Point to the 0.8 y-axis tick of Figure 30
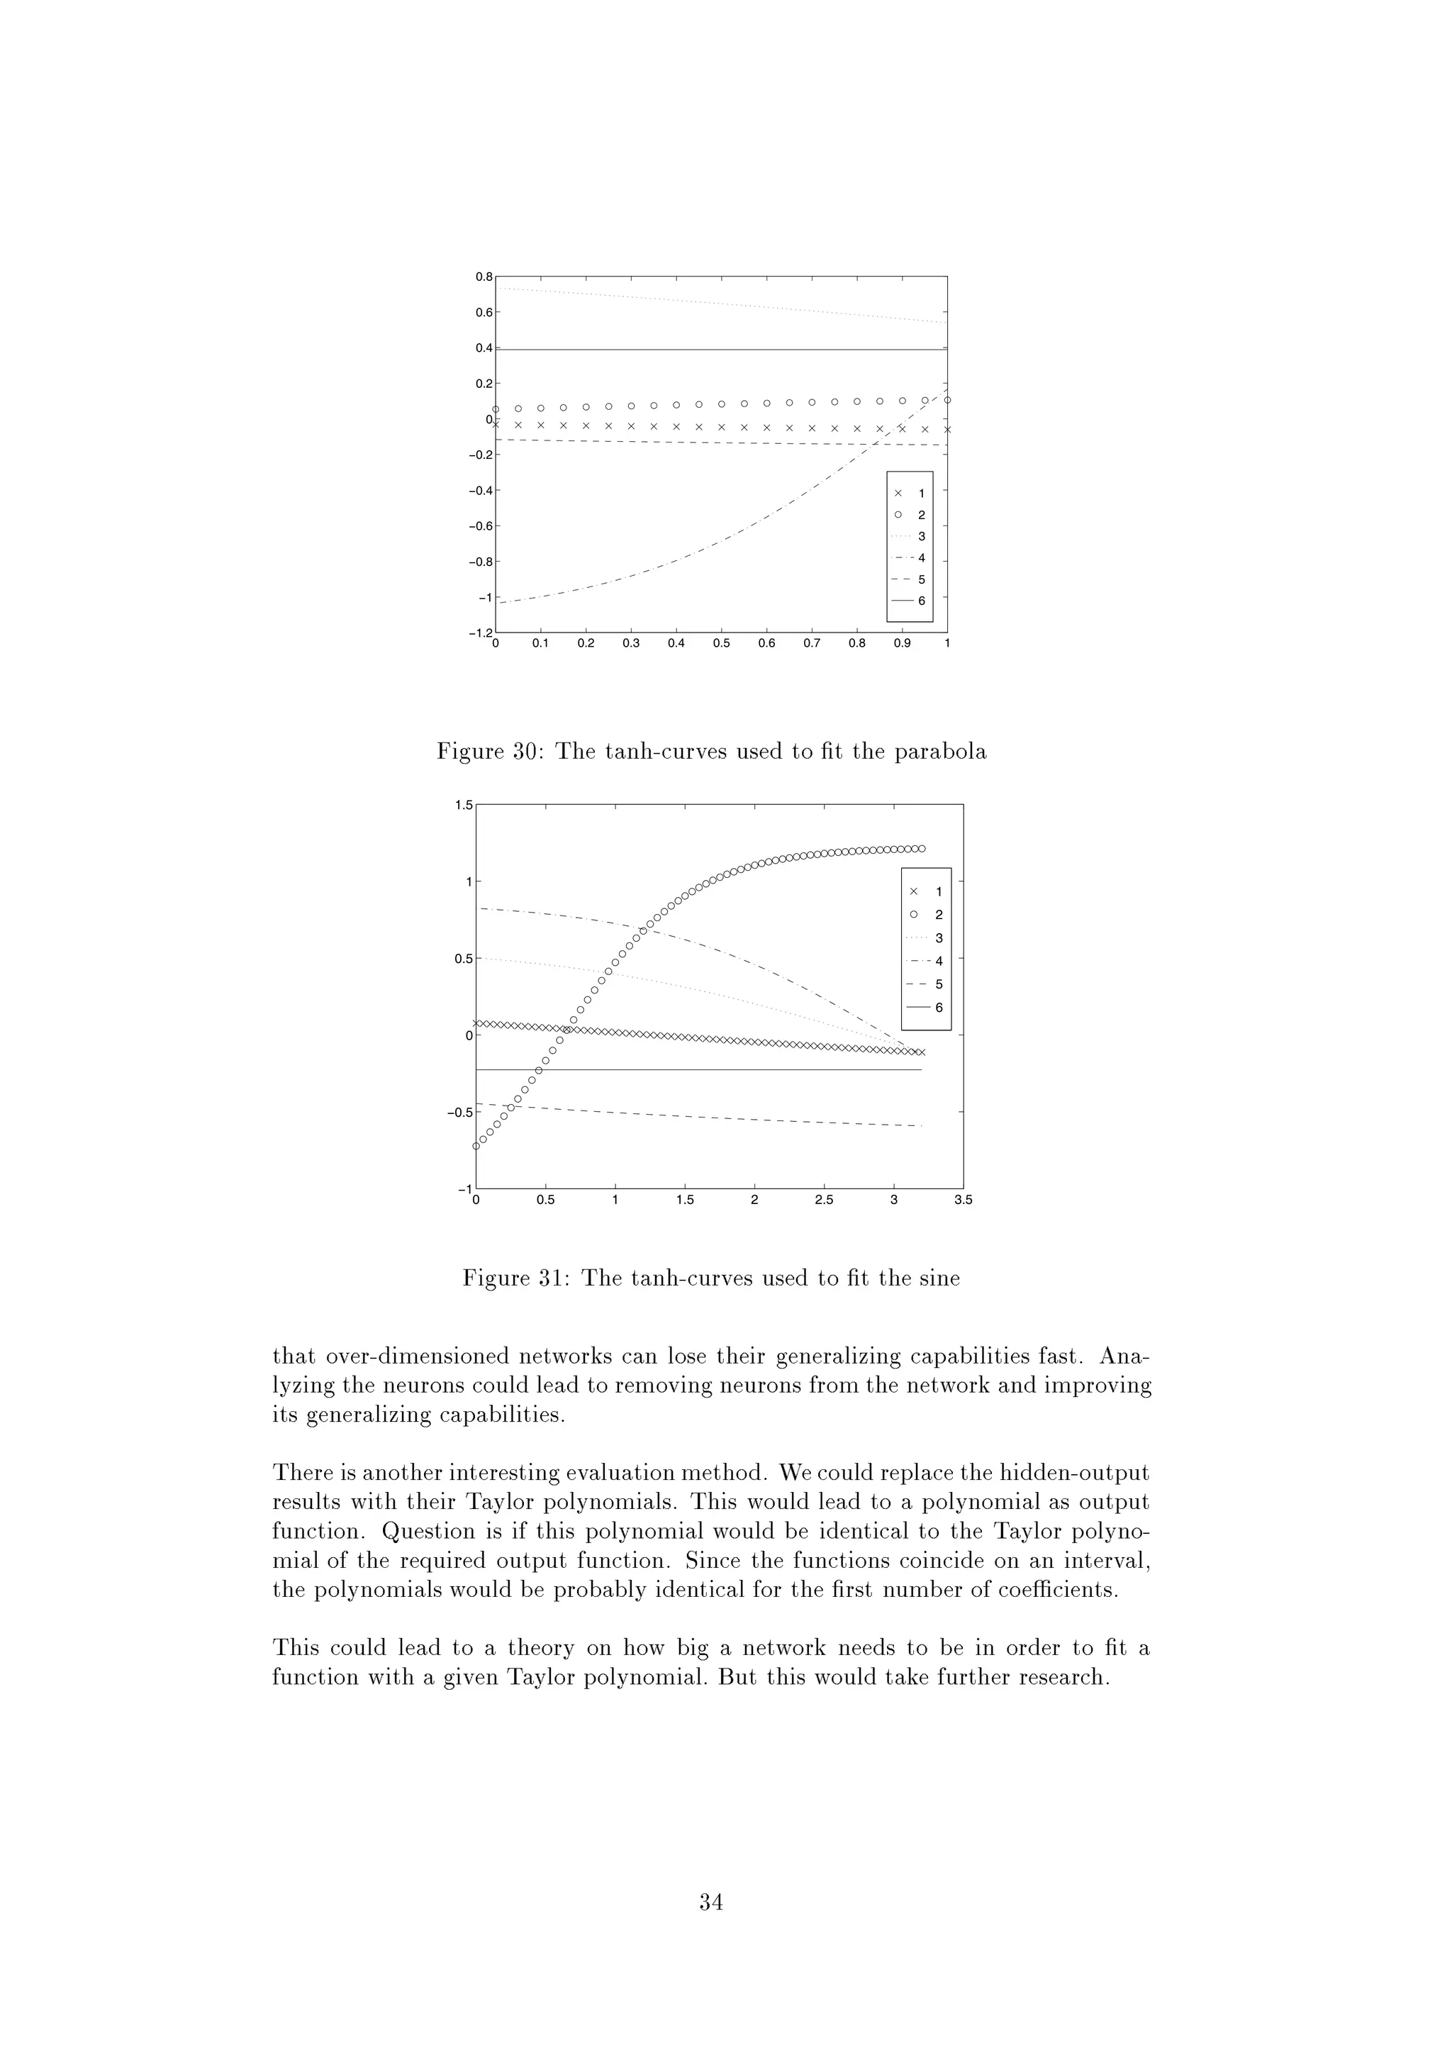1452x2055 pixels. tap(483, 277)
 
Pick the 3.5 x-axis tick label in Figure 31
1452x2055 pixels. tap(963, 1201)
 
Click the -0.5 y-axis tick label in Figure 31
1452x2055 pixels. tap(459, 1113)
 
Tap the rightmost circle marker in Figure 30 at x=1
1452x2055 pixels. tap(947, 400)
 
